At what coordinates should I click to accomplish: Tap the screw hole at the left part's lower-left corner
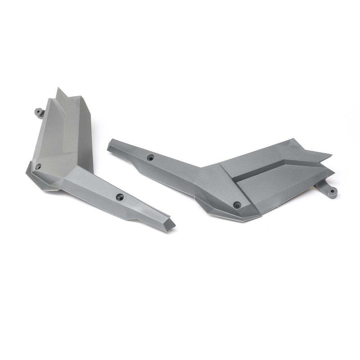coord(38,166)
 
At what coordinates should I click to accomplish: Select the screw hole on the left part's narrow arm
coord(120,197)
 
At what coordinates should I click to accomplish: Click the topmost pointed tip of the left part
coord(58,90)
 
